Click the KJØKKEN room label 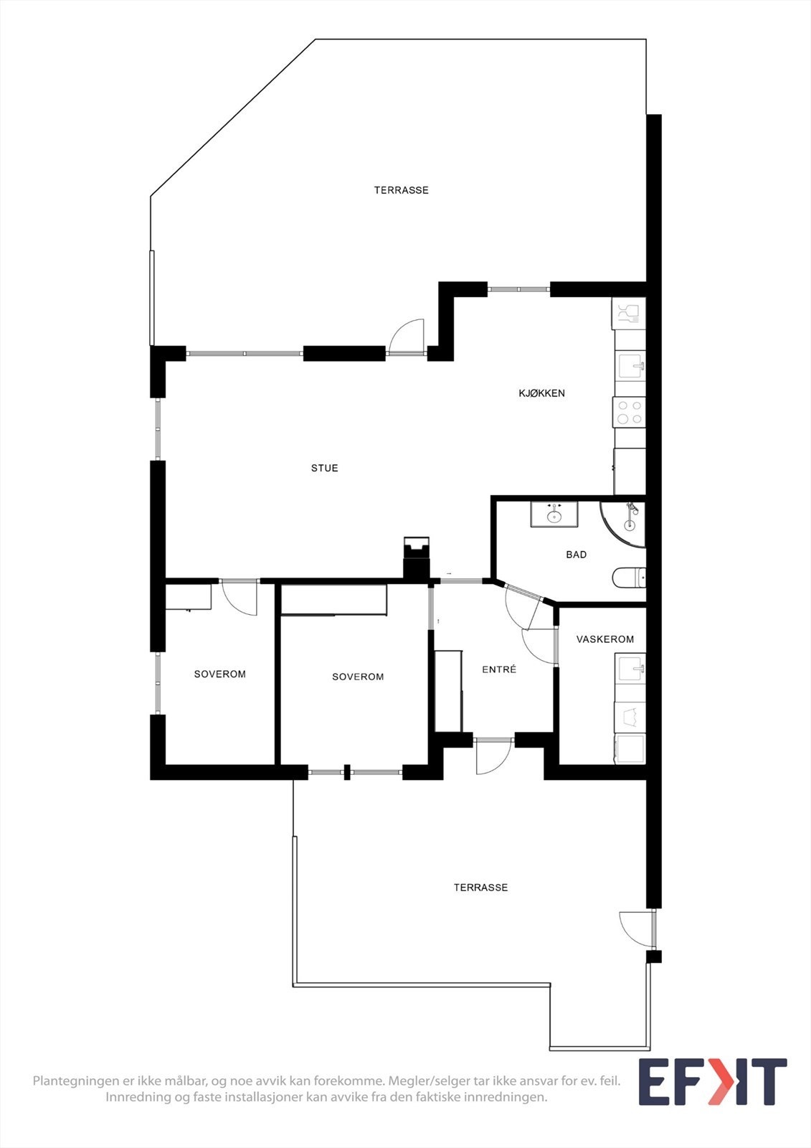point(541,393)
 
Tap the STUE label point(324,468)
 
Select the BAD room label point(576,555)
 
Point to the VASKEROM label point(604,639)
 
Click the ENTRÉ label point(498,669)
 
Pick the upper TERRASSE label point(401,190)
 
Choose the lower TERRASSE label point(480,888)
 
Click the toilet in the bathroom point(629,578)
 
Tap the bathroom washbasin point(554,514)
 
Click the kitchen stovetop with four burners point(629,412)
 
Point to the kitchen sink point(630,367)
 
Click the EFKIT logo point(712,1082)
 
